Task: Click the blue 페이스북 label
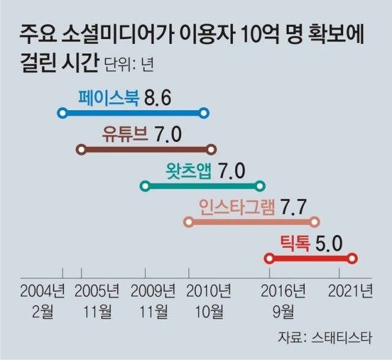point(110,97)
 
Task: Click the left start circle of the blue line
point(61,113)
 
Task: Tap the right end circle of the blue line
point(205,113)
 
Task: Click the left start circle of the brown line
point(80,149)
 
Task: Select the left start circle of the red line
point(268,258)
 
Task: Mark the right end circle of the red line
point(352,258)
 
